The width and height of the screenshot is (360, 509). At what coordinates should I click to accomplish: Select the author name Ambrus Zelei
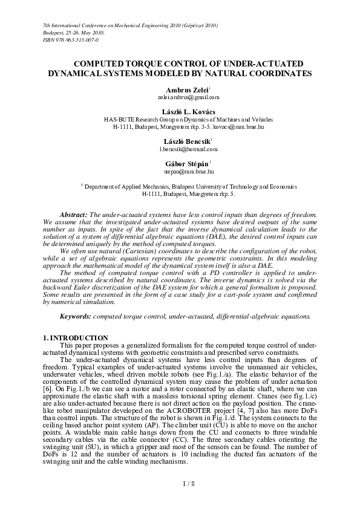tap(179, 89)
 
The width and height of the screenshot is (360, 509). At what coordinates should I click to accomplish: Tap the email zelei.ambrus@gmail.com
tap(180, 97)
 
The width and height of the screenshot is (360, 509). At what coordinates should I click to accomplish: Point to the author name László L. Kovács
tap(180, 112)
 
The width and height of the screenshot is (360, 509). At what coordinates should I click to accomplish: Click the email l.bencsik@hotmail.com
tap(180, 148)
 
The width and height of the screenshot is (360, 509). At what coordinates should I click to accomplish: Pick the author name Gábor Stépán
tap(179, 164)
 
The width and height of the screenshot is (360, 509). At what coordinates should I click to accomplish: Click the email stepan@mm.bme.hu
tap(180, 172)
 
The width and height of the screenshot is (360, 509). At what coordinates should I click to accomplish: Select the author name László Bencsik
tap(179, 141)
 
